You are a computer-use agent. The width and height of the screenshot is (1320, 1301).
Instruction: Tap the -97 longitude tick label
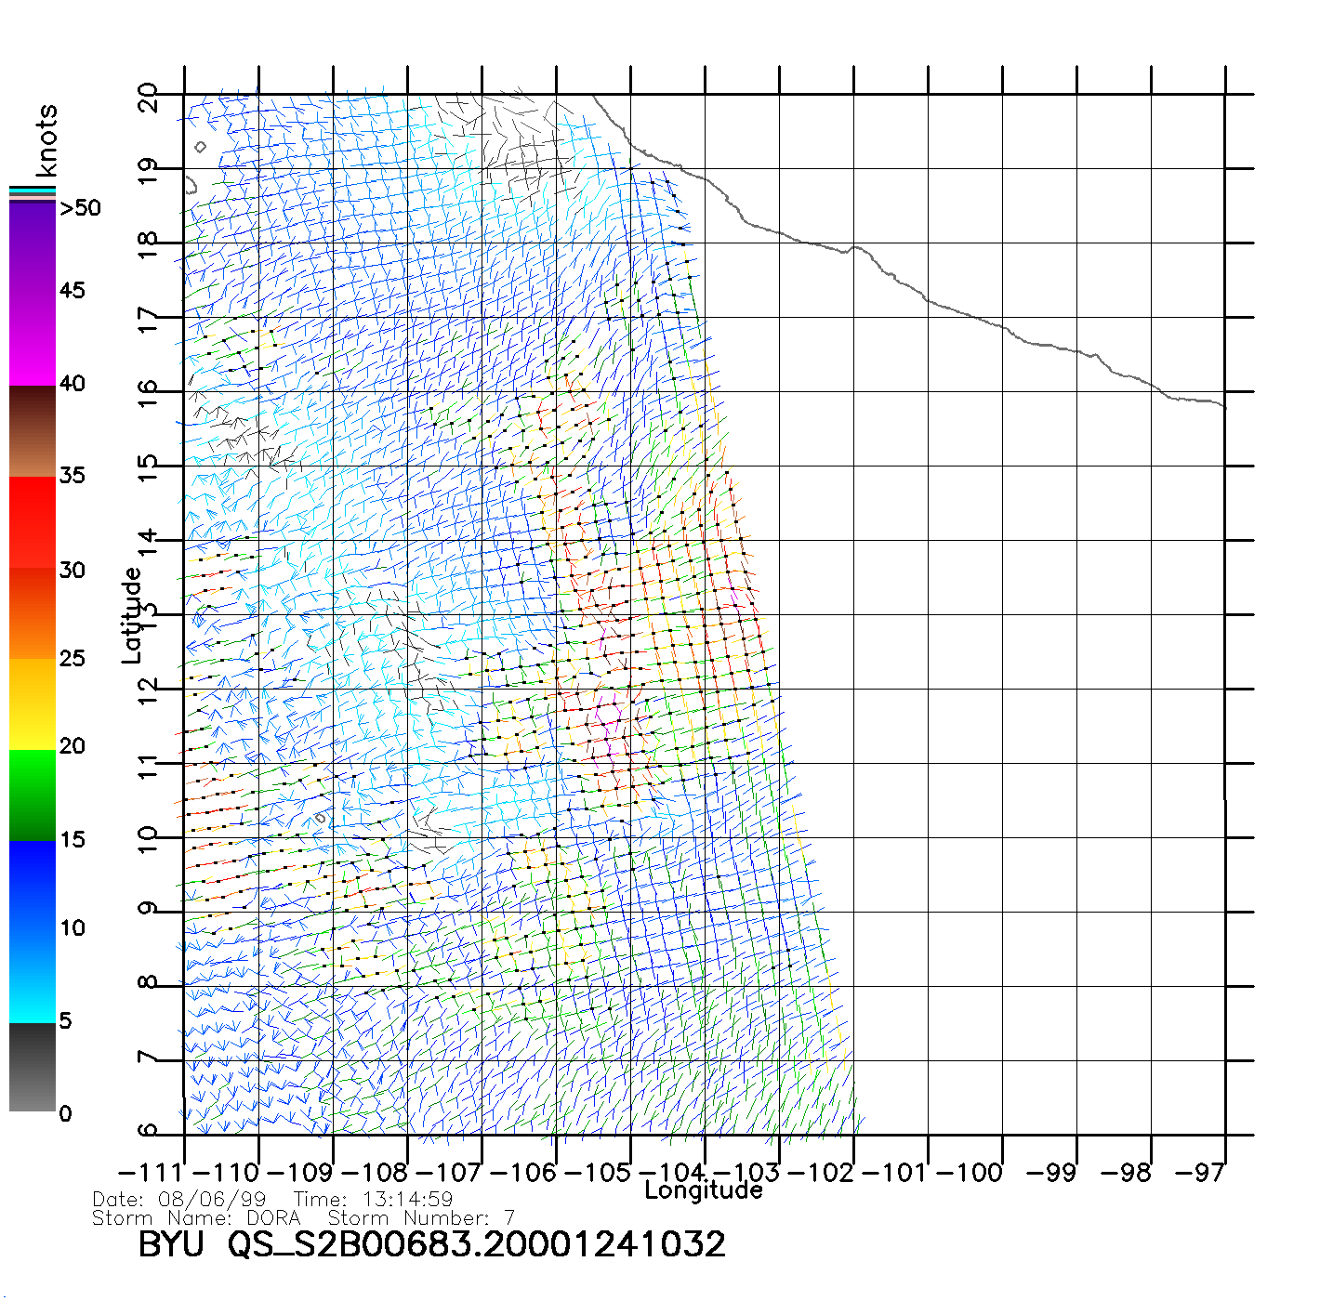click(1199, 1173)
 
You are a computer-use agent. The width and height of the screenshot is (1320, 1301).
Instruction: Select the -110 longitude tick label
click(222, 1173)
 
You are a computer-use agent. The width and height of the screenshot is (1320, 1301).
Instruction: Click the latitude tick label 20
click(148, 98)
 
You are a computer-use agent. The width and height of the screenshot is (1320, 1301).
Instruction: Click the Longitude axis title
click(704, 1190)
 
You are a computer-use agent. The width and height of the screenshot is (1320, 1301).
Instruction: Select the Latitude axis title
click(132, 614)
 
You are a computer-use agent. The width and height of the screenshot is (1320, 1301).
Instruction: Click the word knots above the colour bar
click(46, 140)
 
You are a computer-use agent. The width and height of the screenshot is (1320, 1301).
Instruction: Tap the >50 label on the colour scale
click(81, 208)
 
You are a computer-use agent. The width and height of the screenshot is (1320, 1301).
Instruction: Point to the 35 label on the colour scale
click(73, 476)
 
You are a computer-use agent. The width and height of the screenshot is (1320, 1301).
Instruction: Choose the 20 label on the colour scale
click(73, 746)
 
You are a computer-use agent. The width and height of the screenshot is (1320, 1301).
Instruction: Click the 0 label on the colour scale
click(65, 1114)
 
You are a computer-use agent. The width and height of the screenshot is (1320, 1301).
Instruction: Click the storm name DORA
click(273, 1217)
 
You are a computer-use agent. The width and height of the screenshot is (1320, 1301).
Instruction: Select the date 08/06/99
click(213, 1200)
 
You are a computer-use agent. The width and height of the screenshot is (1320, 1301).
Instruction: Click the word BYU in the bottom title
click(170, 1244)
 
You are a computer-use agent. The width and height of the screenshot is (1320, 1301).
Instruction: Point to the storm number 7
click(508, 1217)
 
